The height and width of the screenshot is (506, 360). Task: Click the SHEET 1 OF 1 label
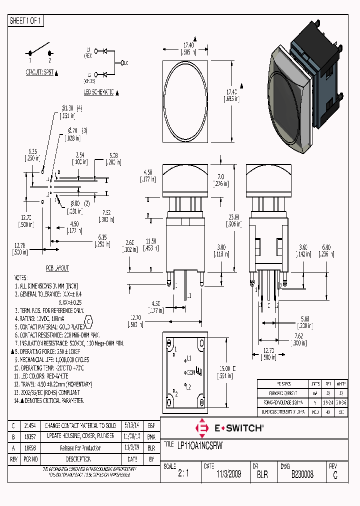point(26,21)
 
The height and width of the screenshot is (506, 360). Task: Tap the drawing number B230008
point(302,474)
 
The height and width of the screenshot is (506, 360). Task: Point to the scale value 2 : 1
point(183,474)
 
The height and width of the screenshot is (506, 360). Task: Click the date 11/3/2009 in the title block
point(228,474)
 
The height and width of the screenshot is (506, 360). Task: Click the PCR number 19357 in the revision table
point(31,436)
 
